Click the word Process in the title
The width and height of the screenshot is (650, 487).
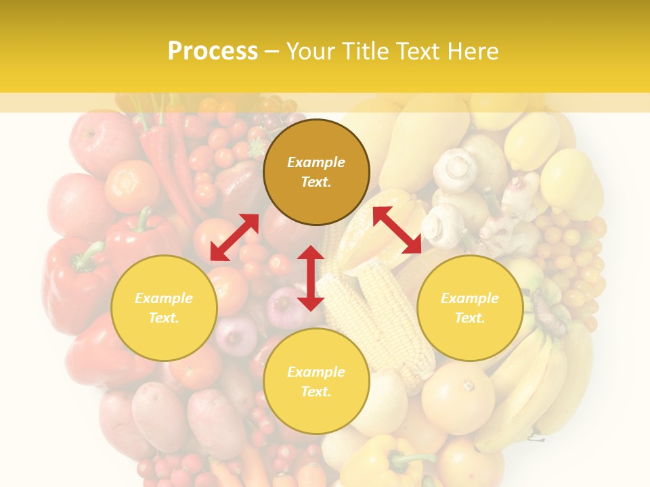click(213, 51)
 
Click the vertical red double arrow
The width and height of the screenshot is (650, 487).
click(311, 278)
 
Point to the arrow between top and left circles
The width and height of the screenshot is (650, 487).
click(234, 237)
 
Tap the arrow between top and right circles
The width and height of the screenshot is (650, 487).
click(397, 230)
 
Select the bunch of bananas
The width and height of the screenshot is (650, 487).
click(535, 386)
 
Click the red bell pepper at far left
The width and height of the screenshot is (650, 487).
click(74, 277)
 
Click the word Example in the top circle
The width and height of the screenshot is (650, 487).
click(316, 162)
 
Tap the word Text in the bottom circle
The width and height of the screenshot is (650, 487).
click(316, 392)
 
